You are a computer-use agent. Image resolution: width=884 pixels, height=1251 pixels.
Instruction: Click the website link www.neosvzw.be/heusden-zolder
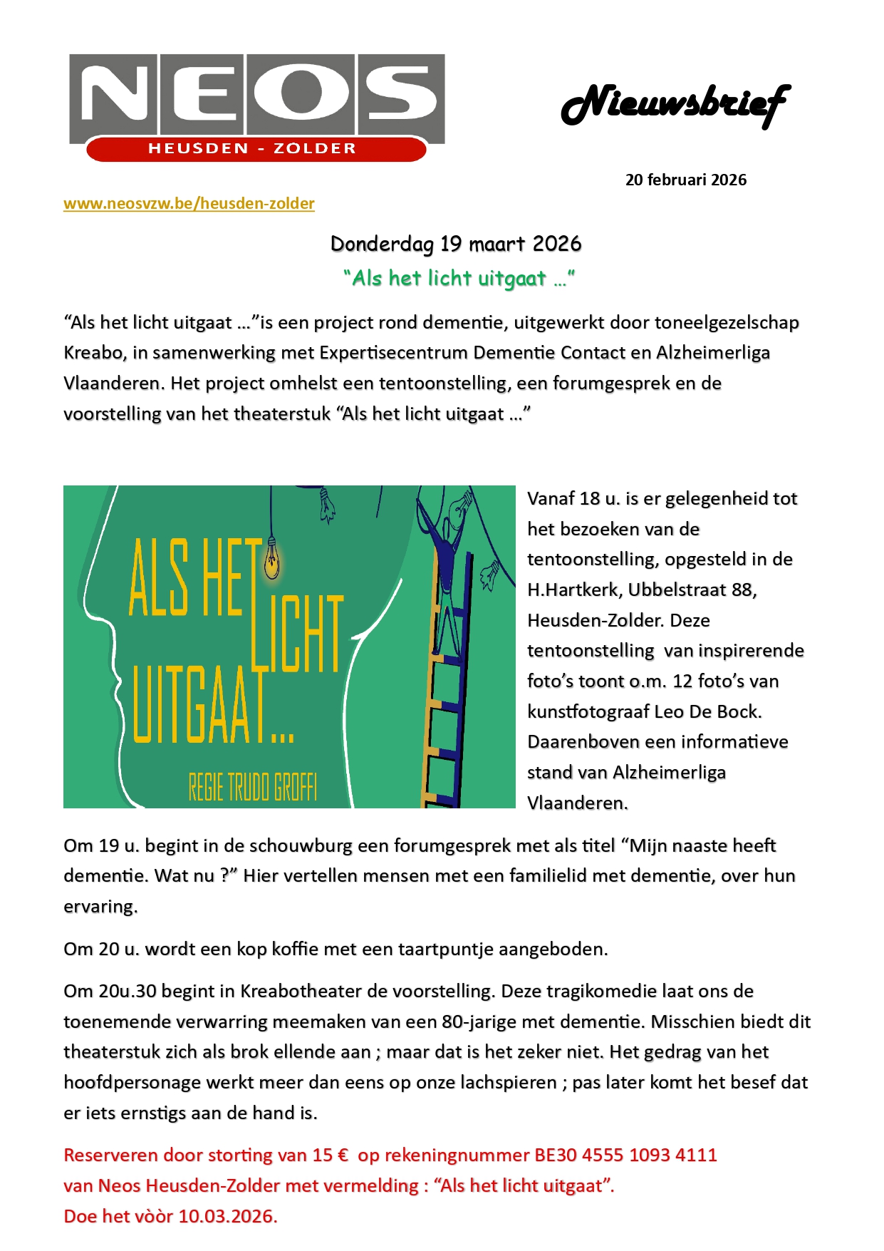tap(189, 204)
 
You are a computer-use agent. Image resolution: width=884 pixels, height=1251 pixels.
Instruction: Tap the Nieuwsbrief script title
tap(675, 105)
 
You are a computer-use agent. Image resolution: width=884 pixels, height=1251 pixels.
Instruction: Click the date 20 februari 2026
tap(685, 180)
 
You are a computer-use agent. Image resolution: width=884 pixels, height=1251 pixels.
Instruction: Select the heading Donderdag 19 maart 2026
tap(456, 244)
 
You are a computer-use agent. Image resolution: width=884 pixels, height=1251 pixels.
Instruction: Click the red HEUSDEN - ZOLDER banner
tap(252, 149)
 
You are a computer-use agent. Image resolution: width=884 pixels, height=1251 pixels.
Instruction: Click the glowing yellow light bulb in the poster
tap(271, 559)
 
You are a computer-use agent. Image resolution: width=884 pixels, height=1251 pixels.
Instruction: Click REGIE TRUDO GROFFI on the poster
tap(253, 787)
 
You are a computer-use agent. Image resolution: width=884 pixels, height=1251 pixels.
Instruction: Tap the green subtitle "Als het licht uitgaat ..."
tap(459, 278)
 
